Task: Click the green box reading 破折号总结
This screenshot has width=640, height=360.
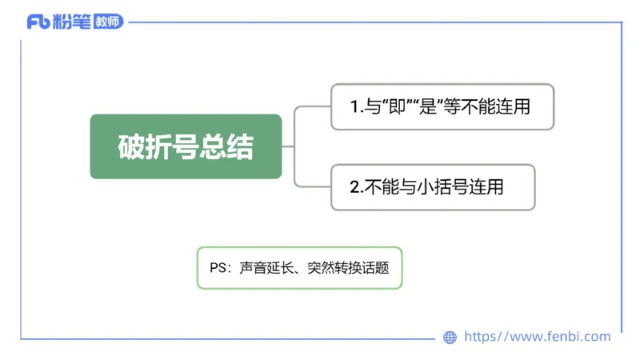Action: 186,146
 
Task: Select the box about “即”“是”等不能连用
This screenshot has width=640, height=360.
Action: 442,106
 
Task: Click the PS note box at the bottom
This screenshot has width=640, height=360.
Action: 299,268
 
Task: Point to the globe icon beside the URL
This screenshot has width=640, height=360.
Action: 450,337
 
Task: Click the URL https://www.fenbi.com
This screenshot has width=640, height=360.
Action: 537,337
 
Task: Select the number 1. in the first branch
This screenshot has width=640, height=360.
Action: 357,106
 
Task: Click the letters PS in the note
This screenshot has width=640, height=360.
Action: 218,268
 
